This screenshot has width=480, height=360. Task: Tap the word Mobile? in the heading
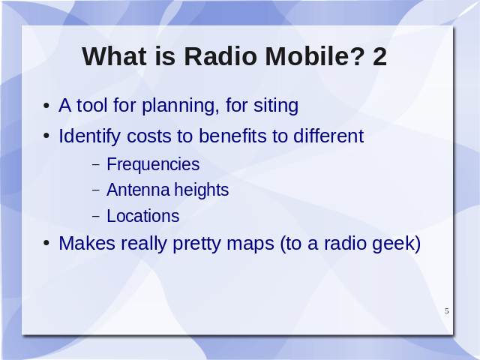click(315, 56)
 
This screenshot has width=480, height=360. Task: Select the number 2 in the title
click(380, 56)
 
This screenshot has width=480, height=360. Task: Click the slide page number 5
click(447, 310)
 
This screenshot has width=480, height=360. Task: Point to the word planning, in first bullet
click(181, 106)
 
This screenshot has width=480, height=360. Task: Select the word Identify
click(89, 136)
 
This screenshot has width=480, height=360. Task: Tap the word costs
click(149, 136)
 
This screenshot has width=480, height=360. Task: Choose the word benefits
click(232, 136)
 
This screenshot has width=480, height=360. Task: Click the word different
click(328, 136)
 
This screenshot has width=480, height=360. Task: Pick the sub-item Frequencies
click(153, 165)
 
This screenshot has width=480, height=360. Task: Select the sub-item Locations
click(143, 216)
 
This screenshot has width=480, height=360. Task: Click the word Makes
click(87, 243)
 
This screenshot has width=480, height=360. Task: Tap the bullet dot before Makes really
click(46, 243)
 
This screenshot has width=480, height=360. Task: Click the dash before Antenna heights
click(96, 190)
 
